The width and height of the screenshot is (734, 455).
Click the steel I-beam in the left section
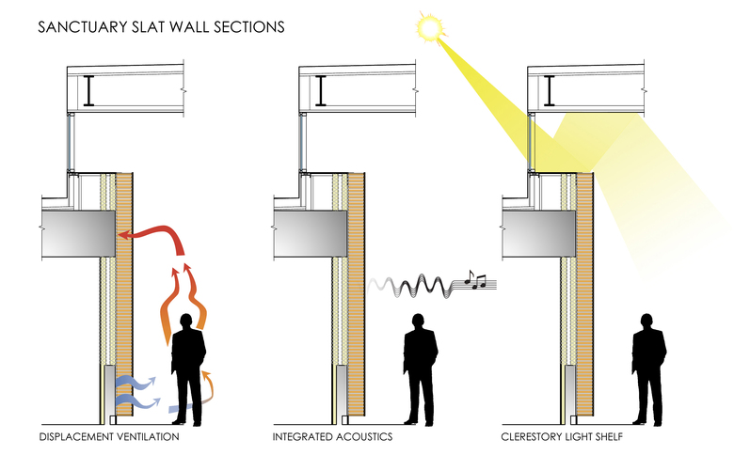[89, 90]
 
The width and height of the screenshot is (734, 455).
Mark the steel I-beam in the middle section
[321, 90]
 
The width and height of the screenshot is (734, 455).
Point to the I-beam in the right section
[550, 90]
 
